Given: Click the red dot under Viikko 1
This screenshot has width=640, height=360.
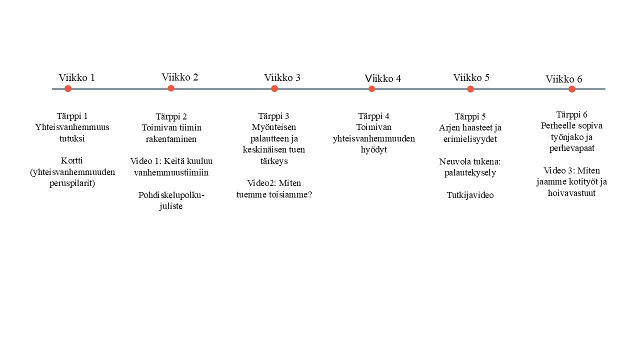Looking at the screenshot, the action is tap(67, 88).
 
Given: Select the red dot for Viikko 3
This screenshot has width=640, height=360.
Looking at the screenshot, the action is tap(274, 88).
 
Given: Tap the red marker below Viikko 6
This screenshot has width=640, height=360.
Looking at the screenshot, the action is tap(571, 89).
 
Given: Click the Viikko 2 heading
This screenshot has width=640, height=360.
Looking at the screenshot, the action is tap(179, 77).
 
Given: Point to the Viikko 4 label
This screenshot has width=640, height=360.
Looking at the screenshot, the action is tap(383, 78).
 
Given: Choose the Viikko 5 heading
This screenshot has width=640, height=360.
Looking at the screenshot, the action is tap(471, 77).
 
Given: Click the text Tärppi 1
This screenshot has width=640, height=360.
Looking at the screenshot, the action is tap(72, 116).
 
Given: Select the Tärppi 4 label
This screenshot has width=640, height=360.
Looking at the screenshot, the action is tap(373, 116).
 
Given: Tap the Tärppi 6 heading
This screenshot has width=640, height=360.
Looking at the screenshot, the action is tap(571, 115).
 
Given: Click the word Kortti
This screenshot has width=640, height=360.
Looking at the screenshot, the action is tap(71, 160).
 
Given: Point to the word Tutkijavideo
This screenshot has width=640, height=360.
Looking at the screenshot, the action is tap(470, 195).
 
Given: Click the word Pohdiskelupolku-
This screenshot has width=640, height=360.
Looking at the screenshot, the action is tap(171, 195).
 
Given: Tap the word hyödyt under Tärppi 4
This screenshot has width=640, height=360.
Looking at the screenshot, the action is tap(373, 149).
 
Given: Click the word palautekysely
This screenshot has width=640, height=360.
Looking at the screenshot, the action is tap(470, 173).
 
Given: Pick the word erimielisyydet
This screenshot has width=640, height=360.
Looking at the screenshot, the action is tap(470, 139).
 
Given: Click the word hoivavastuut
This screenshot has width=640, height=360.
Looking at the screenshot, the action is tap(571, 193).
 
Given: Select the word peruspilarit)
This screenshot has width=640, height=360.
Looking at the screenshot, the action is tap(72, 183).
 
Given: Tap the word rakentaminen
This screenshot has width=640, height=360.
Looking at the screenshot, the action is tap(171, 139).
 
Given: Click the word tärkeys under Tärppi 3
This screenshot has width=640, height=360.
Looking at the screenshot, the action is tap(273, 161).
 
